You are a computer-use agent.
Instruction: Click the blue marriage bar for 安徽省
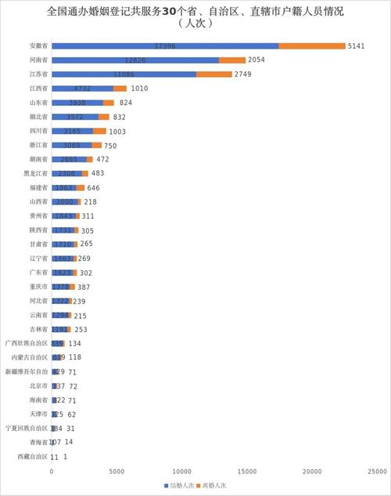tap(165, 46)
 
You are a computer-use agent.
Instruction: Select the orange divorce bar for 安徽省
tap(312, 46)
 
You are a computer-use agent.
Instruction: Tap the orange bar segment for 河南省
tap(231, 60)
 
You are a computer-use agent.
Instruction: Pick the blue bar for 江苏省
tap(124, 74)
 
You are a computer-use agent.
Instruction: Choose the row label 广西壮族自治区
tap(27, 343)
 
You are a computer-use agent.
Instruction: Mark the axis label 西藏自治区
tap(32, 456)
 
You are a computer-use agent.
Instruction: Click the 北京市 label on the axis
tap(38, 386)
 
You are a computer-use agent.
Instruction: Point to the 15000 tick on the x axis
tap(247, 472)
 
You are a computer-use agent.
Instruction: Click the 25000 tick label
tap(378, 472)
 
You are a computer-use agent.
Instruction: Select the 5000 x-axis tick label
tap(117, 472)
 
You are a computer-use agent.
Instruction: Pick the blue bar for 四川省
tap(72, 131)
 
